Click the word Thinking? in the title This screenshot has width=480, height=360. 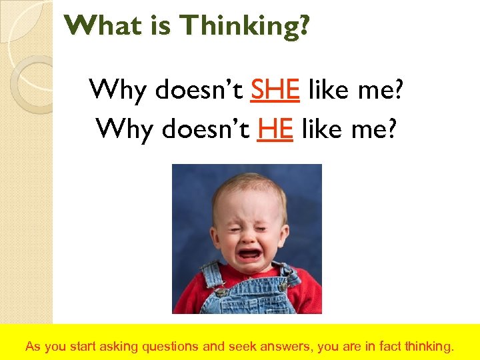(x=245, y=27)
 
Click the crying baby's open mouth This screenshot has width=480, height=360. (x=250, y=254)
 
